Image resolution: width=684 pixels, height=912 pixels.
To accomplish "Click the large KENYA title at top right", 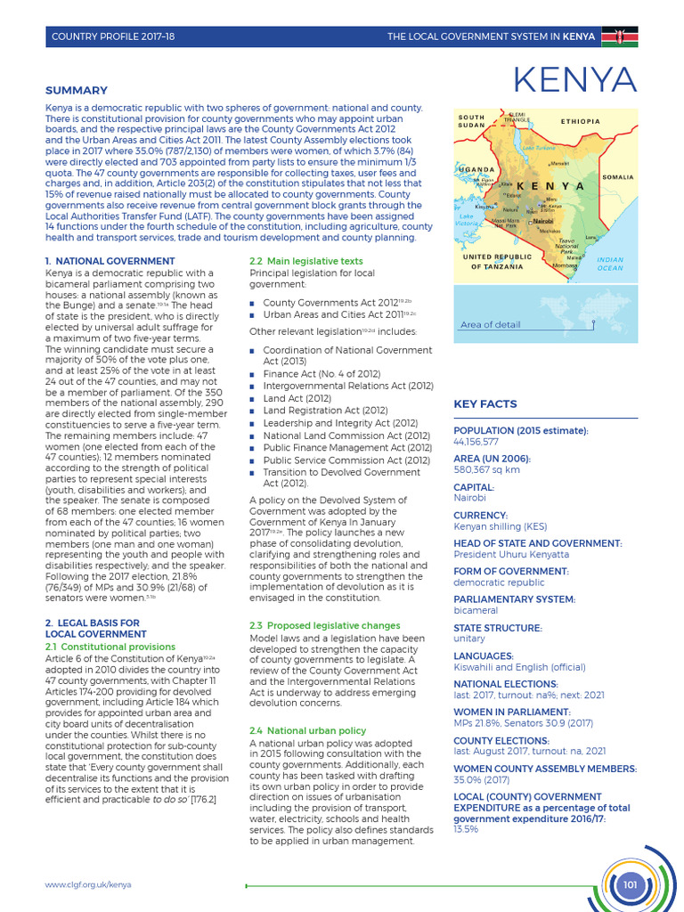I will coord(575,82).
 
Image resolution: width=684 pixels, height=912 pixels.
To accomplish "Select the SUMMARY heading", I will coord(77,90).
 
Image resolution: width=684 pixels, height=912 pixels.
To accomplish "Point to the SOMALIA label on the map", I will coord(616,177).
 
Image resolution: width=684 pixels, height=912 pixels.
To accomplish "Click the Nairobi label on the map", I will coord(542,220).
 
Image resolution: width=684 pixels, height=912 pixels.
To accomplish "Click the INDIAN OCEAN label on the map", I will coord(610,264).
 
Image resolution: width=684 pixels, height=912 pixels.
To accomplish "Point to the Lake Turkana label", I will coord(539,147).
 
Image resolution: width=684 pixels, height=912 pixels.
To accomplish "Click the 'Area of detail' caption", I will coord(491,325).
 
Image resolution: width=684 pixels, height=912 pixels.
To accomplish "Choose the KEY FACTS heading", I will coord(485,403).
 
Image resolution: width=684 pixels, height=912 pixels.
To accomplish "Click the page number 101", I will coord(631,884).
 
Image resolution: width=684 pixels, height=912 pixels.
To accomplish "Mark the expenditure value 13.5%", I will coord(466,829).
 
